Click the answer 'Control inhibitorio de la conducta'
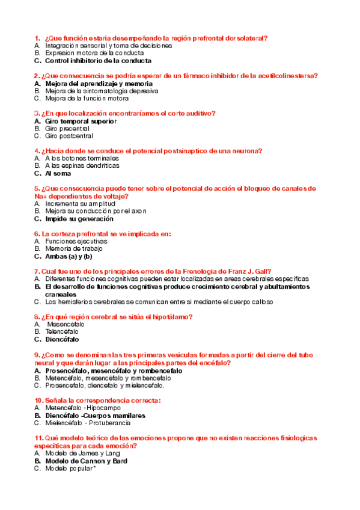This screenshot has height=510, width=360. [98, 61]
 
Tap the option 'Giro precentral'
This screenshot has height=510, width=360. [67, 129]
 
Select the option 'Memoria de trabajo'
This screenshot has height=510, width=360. [74, 248]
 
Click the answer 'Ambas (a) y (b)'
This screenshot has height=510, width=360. [69, 256]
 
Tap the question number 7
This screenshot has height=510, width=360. [37, 271]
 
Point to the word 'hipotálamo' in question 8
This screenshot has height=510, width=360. [171, 316]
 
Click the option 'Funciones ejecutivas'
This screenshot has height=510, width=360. [76, 241]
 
